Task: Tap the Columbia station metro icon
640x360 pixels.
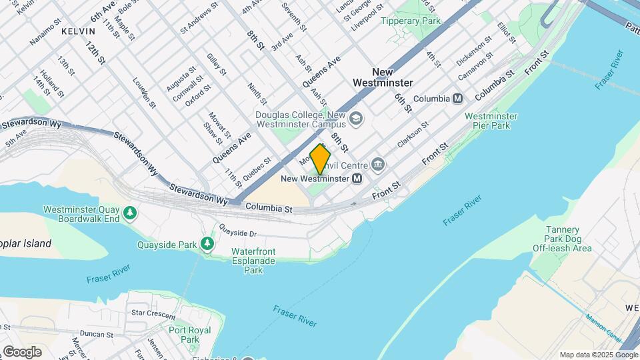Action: (457, 99)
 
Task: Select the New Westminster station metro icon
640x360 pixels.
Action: (357, 179)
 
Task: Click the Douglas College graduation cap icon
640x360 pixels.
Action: (357, 118)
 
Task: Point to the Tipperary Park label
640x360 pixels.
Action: (411, 21)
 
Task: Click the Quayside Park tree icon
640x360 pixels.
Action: (208, 245)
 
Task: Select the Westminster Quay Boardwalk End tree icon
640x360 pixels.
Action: (131, 213)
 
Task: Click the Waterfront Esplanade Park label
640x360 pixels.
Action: (253, 261)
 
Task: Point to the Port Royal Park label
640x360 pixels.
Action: (189, 335)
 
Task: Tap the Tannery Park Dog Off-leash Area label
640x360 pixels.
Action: (562, 239)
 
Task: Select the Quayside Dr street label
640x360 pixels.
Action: (238, 233)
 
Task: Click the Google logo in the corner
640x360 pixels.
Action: (22, 351)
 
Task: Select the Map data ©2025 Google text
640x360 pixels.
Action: (597, 355)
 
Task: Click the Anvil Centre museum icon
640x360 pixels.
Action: (378, 164)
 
